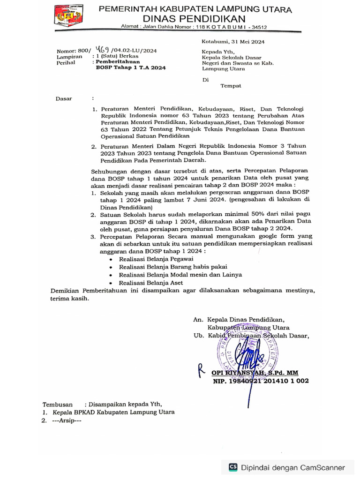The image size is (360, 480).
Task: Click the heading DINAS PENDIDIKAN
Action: [x=194, y=19]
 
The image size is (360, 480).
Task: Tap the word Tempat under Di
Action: [x=231, y=86]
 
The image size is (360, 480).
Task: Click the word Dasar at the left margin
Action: [x=64, y=99]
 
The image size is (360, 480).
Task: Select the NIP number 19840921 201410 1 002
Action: [x=261, y=382]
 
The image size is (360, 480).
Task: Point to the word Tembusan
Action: [x=58, y=404]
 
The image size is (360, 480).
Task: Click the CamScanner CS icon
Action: [x=233, y=467]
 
